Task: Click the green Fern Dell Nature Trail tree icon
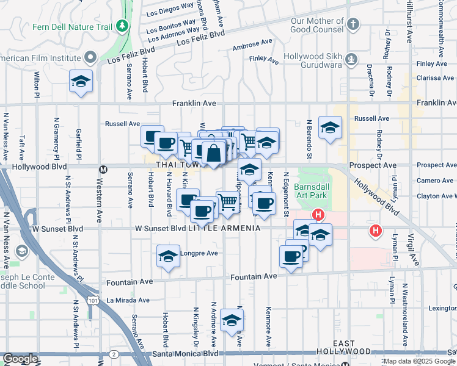(122, 26)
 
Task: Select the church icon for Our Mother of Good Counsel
(353, 25)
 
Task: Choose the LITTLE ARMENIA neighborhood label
(224, 228)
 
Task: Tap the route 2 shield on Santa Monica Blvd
(114, 354)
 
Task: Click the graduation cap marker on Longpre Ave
(168, 256)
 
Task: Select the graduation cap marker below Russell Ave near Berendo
(330, 127)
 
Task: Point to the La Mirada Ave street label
(128, 300)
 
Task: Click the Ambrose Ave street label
(252, 45)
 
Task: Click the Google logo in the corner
(20, 359)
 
